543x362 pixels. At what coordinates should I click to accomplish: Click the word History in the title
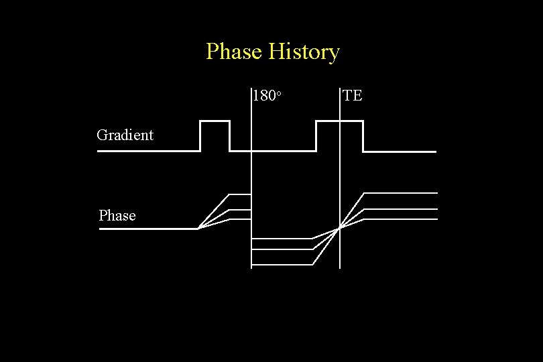point(304,52)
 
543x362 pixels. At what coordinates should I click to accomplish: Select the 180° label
point(265,96)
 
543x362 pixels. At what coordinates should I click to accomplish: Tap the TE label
point(353,95)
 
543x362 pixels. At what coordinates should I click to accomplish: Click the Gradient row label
point(125,135)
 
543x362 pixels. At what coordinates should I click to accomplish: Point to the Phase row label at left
point(117,215)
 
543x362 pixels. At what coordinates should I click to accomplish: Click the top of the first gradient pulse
point(215,121)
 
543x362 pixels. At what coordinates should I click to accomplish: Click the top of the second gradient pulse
point(339,121)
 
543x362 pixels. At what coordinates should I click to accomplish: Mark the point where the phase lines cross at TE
point(340,228)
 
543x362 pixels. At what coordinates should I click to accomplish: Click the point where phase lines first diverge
point(198,229)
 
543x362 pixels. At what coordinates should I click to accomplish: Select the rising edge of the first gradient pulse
point(200,136)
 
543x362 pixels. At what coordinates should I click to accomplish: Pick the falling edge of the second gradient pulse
point(363,136)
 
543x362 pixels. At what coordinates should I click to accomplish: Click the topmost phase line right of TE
point(402,193)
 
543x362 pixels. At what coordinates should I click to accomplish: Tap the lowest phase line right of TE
point(402,219)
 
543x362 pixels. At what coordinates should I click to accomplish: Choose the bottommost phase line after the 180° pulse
point(282,265)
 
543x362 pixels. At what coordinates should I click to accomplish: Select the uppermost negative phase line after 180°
point(282,239)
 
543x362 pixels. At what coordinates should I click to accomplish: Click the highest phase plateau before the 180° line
point(240,195)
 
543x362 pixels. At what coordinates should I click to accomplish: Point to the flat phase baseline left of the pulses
point(147,229)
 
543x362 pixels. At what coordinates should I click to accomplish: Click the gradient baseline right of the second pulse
point(402,152)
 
